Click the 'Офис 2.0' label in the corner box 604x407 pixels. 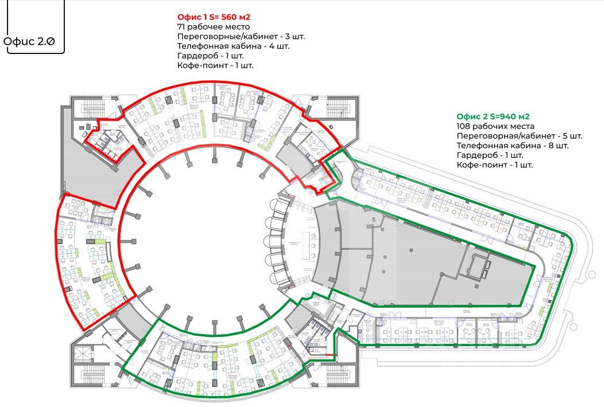[x=33, y=42]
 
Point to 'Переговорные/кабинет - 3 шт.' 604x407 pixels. [x=241, y=36]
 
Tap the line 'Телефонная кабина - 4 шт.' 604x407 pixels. [x=233, y=46]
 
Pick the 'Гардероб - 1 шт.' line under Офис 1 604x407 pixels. [x=211, y=56]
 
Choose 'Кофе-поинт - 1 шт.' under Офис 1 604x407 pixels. [x=215, y=65]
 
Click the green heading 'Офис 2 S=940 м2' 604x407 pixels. [x=493, y=117]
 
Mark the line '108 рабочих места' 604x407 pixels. [x=495, y=126]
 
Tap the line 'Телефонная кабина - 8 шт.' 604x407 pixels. [x=512, y=146]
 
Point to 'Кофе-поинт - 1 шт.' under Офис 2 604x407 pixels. [x=494, y=165]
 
